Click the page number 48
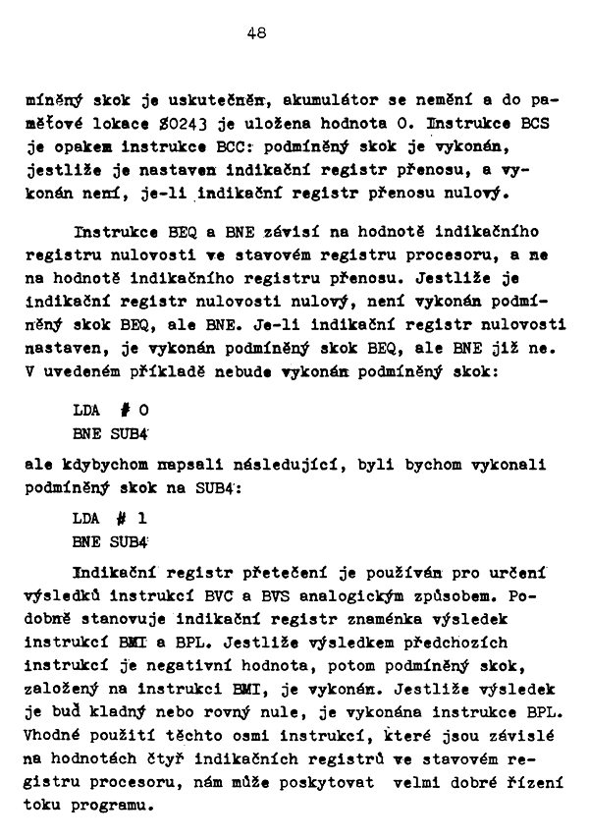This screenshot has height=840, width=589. tap(258, 32)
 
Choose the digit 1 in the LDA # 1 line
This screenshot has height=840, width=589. tap(144, 517)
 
